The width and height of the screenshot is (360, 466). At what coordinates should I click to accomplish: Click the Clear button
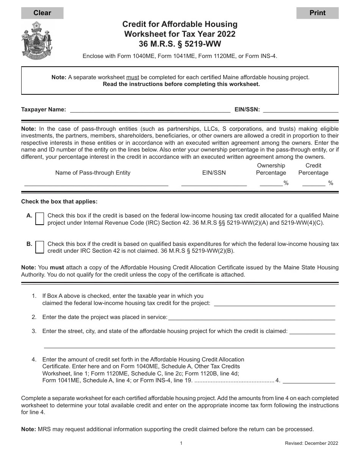(x=42, y=13)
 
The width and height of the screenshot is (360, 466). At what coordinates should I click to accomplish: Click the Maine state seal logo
(x=37, y=41)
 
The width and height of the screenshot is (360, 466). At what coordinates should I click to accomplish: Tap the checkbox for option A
(x=39, y=219)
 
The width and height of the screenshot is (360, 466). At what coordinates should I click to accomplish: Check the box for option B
(x=39, y=247)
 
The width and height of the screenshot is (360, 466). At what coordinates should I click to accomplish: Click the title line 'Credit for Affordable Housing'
(x=180, y=24)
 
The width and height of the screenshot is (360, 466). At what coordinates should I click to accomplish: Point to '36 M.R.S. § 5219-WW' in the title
(x=180, y=44)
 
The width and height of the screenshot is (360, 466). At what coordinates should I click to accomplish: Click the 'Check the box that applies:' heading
(x=59, y=202)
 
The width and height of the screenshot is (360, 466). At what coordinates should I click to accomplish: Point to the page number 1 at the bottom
(x=181, y=443)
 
